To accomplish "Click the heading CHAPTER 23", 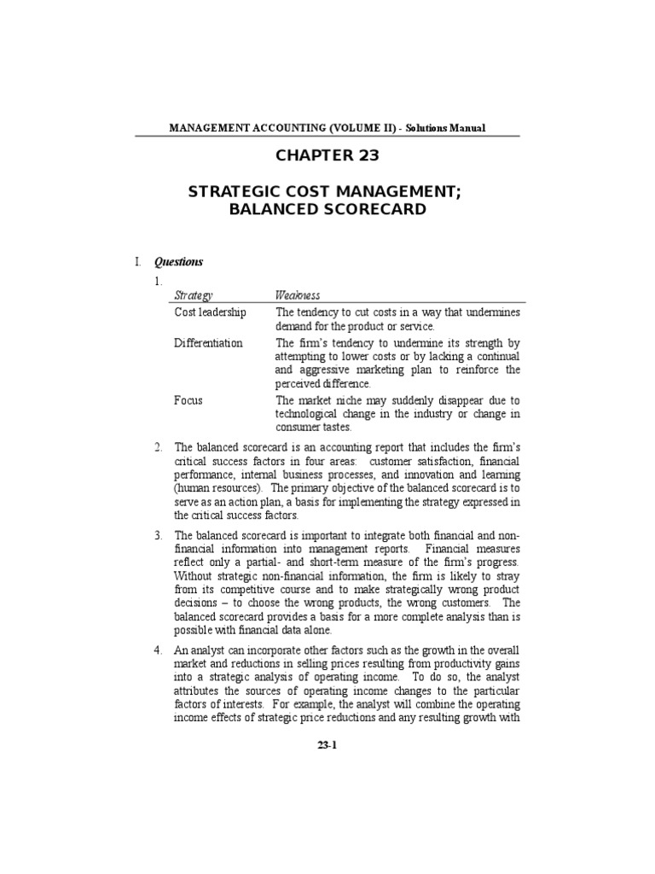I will [327, 155].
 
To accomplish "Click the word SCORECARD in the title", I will [374, 209].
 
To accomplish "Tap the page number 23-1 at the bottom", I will [327, 744].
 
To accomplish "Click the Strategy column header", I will [193, 294].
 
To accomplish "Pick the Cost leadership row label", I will [210, 312].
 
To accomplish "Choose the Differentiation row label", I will [208, 343].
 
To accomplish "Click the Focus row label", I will [188, 400].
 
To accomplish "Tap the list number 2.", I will [158, 447].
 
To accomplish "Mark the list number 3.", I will [158, 535].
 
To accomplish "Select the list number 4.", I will [158, 650].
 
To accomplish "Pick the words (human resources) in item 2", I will [218, 488].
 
